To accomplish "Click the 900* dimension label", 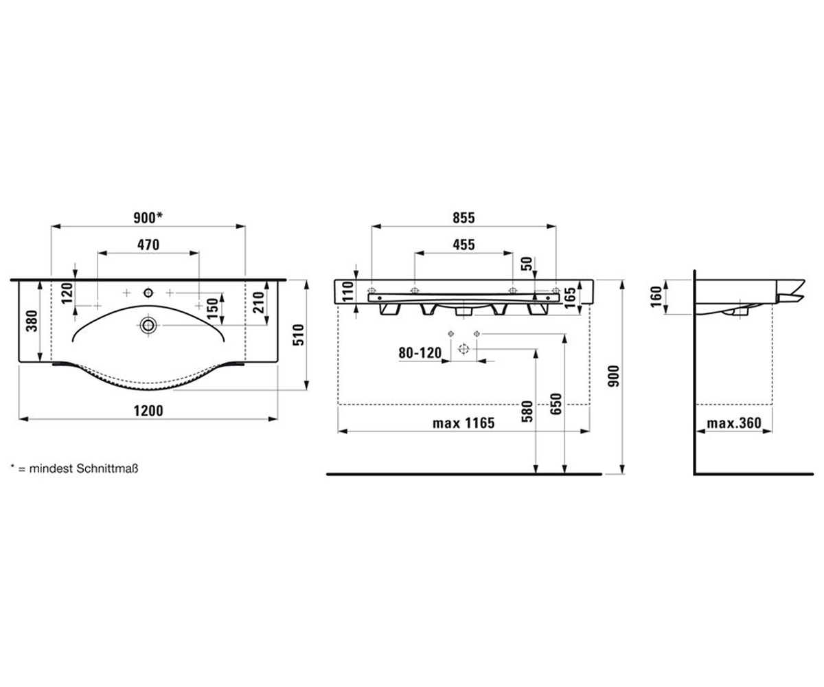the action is [x=148, y=218].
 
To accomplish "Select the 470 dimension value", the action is [x=148, y=245].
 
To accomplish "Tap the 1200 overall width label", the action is [x=148, y=411].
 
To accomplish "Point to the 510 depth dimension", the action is [x=299, y=335].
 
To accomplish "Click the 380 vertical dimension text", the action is [x=32, y=321].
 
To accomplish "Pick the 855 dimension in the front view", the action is [x=463, y=218].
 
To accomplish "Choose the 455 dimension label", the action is [x=463, y=245].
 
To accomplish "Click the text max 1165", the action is [x=463, y=423].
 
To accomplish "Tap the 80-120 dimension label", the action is [x=420, y=353].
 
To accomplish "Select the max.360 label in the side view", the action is [x=734, y=423].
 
